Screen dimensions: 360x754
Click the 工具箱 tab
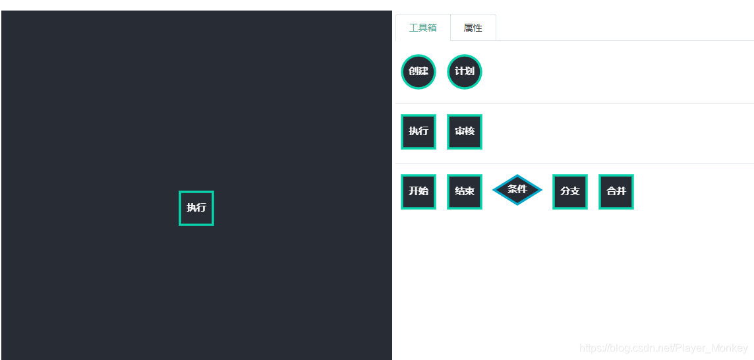tap(422, 28)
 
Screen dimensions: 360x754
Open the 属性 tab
tap(473, 28)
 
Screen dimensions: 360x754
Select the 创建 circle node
tap(419, 71)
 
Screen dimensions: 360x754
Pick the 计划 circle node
tap(465, 71)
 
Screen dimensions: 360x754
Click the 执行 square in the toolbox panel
tap(419, 131)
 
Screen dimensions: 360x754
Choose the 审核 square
tap(465, 131)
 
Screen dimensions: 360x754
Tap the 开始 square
tap(419, 191)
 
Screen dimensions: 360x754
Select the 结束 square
tap(465, 191)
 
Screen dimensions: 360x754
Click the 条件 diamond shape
tap(517, 190)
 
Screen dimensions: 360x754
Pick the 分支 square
tap(570, 191)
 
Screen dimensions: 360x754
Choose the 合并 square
tap(616, 191)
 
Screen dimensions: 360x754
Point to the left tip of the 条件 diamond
tap(494, 190)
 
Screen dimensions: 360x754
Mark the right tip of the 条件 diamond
tap(541, 190)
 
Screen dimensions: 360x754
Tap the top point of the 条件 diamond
tap(517, 175)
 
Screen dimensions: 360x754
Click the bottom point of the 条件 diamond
tap(517, 204)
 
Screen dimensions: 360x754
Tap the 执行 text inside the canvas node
tap(196, 208)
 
